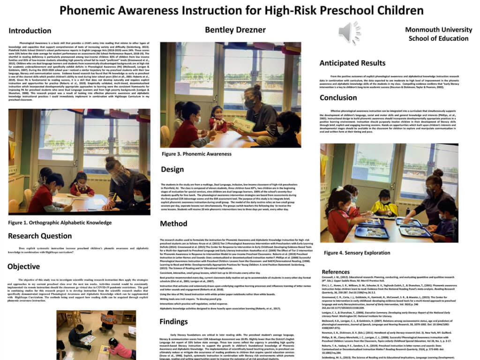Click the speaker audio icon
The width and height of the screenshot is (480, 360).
(350, 33)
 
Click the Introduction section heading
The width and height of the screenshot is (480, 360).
(30, 31)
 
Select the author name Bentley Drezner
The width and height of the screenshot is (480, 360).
(235, 30)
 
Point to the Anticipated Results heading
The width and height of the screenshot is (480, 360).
(352, 63)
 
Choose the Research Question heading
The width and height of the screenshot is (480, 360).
(40, 236)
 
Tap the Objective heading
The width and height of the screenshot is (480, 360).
(23, 267)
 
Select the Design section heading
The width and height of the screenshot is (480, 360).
(172, 169)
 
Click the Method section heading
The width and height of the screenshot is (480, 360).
(174, 224)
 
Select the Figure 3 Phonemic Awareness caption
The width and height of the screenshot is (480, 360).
(196, 154)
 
